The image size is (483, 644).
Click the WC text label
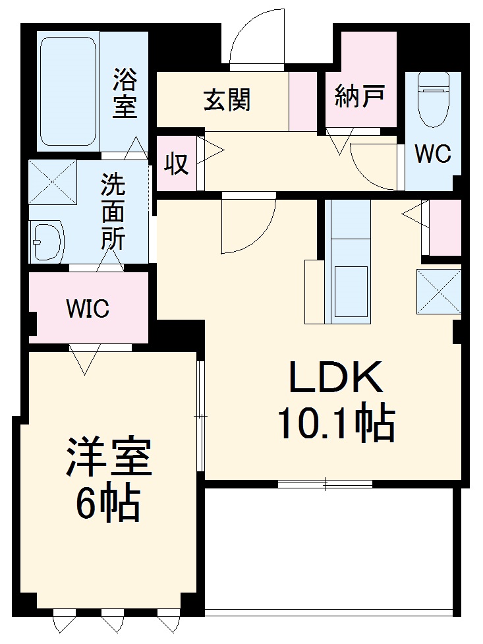[x=432, y=154]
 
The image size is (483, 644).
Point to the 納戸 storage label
[x=359, y=97]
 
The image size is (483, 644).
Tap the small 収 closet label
[x=176, y=164]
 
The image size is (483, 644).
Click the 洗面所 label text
[x=113, y=212]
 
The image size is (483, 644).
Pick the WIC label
[x=88, y=308]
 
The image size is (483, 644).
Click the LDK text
[x=334, y=378]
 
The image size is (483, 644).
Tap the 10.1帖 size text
[x=335, y=423]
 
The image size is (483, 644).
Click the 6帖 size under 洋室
[x=107, y=506]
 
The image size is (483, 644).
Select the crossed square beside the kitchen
[x=438, y=291]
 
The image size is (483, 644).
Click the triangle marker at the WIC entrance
[x=84, y=360]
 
